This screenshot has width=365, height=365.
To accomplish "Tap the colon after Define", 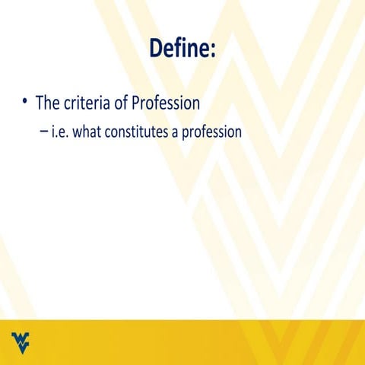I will [214, 50].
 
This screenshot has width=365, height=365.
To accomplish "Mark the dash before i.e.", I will [44, 132].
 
